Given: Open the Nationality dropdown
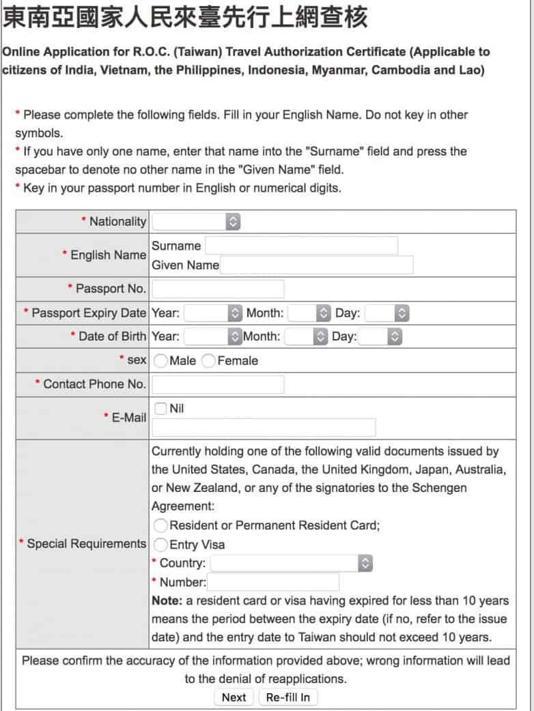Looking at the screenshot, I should (197, 222).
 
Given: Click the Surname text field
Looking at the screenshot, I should (301, 246).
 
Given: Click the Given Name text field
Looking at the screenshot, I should (317, 265).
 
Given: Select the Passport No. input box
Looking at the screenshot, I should (217, 289).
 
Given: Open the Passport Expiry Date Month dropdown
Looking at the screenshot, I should (309, 313).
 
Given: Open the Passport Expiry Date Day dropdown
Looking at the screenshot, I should (387, 313).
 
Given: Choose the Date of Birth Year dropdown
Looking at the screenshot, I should (213, 336).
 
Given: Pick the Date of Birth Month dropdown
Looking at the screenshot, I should (307, 336).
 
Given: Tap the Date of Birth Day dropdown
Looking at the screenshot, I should (381, 336).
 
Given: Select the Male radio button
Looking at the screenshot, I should (161, 361).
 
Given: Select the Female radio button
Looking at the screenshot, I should (209, 361).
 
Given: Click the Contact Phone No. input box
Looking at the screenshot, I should (217, 384).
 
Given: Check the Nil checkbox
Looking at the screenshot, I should (160, 408).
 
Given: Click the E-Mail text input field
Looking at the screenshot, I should (264, 427).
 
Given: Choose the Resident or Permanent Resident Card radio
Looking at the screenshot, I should (161, 525).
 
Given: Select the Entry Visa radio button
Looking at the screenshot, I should (161, 545).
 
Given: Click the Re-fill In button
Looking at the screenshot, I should (287, 697).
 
